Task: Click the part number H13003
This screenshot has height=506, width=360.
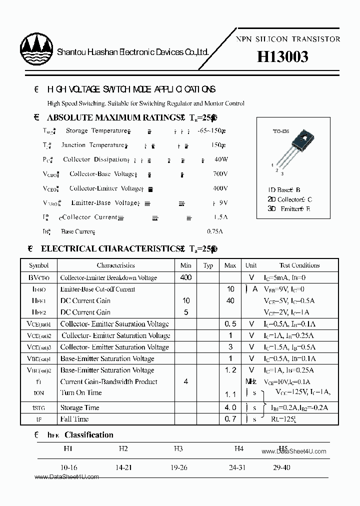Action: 282,57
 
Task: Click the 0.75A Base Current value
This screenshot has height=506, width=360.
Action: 214,231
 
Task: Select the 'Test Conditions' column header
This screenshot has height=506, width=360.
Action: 299,265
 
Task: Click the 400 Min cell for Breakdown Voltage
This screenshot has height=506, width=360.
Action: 186,277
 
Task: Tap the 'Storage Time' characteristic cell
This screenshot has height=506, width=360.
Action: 79,407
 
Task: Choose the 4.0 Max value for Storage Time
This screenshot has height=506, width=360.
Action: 230,407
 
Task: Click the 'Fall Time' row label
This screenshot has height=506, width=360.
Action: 74,419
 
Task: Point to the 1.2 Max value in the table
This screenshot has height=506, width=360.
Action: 230,370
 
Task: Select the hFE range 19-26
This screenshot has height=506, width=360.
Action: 178,467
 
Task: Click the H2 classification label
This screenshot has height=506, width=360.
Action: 123,448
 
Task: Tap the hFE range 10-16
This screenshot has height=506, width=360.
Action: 68,467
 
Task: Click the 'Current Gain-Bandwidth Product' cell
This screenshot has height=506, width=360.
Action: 108,381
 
